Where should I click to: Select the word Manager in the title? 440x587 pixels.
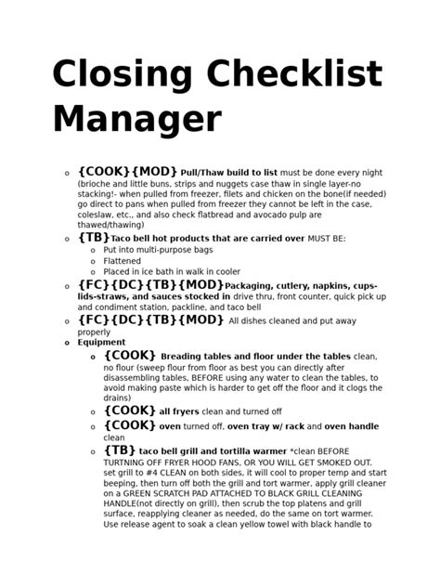tap(136, 120)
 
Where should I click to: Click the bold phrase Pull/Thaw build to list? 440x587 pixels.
tap(228, 173)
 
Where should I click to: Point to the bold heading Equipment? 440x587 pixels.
tap(101, 342)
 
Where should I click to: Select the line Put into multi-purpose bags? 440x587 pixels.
tap(158, 250)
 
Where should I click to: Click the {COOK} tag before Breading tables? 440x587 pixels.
tap(129, 355)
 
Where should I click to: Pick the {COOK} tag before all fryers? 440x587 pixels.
tap(129, 410)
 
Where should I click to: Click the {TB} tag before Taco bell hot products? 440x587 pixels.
tap(94, 238)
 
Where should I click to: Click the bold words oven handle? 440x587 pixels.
tap(351, 426)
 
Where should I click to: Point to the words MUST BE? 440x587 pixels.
tap(326, 239)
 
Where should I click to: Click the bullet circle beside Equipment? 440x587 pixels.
tap(66, 343)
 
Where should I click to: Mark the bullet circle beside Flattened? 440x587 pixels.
tap(92, 262)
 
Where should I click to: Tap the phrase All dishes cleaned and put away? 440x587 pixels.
tap(292, 321)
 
